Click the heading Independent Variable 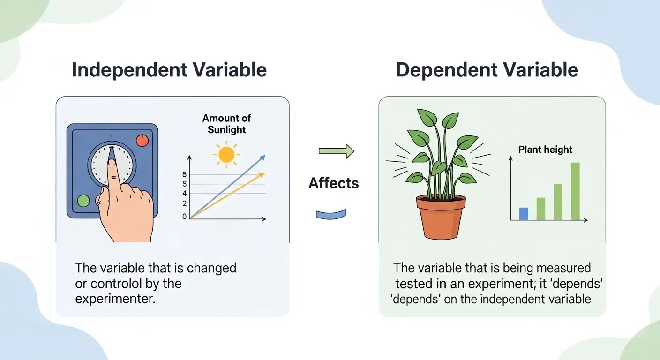169,70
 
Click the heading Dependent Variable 487,70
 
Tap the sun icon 226,154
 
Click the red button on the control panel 142,140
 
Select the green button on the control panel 83,201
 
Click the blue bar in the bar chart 524,214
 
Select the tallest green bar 575,191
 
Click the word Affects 333,183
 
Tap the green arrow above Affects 336,151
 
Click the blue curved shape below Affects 331,214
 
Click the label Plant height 545,150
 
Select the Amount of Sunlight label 226,124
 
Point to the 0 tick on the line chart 184,217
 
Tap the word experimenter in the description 114,299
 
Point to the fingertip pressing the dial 112,162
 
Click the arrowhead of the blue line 262,157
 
